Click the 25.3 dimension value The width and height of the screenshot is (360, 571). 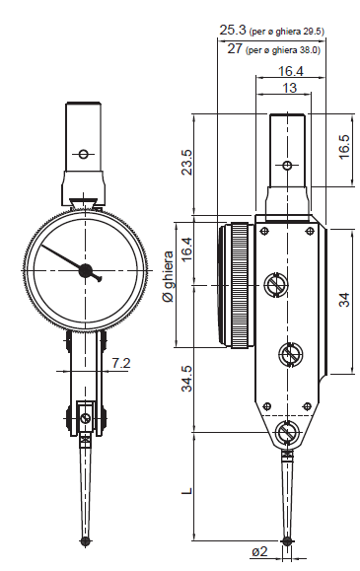233,30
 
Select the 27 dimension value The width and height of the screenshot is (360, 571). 235,48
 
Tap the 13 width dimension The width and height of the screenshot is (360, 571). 290,88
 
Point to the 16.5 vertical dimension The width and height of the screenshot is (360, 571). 343,147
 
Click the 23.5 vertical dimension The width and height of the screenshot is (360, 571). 187,163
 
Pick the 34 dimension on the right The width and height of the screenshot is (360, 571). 344,300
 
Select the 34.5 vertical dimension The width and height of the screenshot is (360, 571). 187,379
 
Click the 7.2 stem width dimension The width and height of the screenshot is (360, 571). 121,363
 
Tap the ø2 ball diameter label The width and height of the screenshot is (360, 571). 259,551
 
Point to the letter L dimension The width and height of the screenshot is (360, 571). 187,491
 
